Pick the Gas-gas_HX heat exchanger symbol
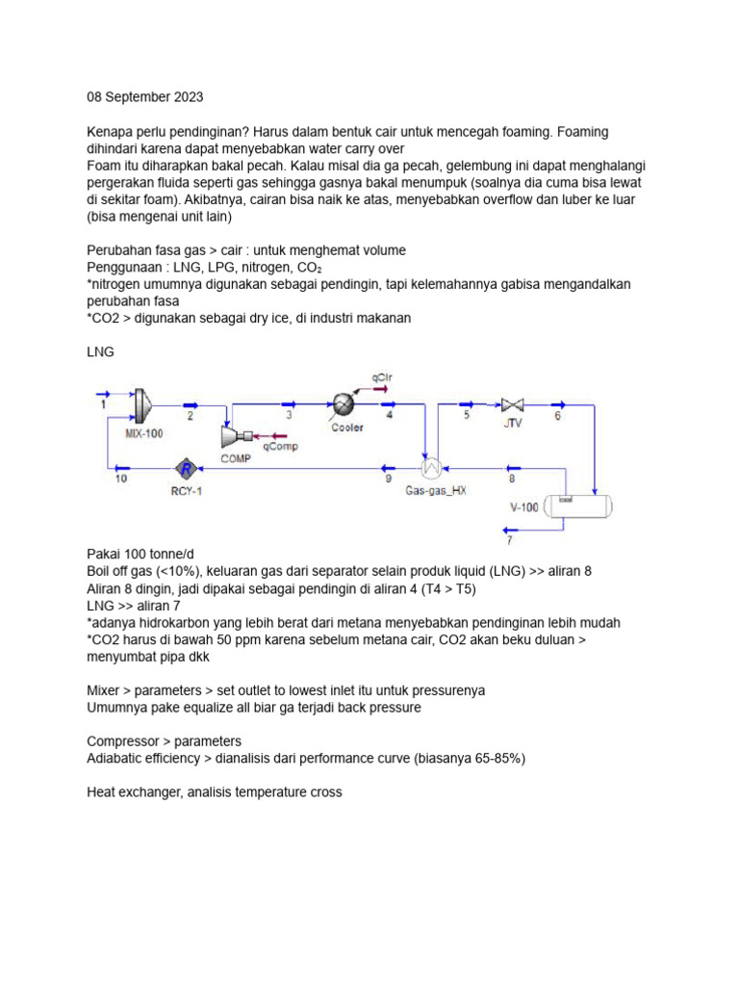(x=432, y=468)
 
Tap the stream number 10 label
(x=120, y=479)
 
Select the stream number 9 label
(x=388, y=479)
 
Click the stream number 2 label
(x=191, y=416)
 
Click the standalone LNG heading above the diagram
(x=101, y=352)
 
